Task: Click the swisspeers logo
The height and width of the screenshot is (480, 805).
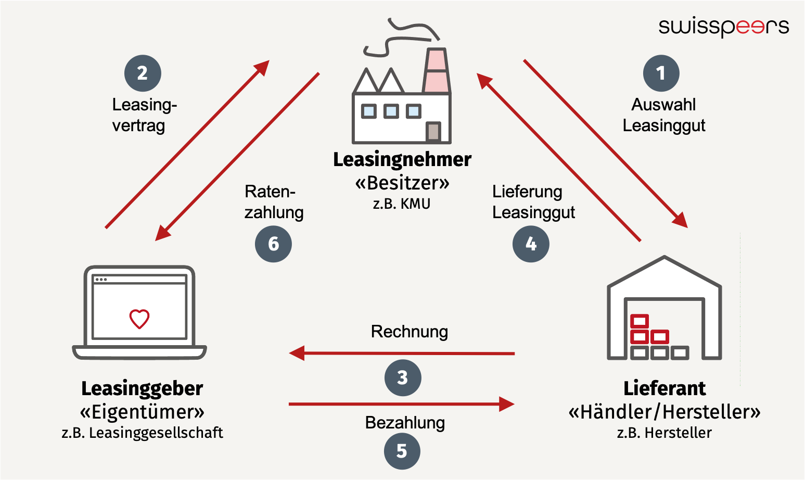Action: [723, 27]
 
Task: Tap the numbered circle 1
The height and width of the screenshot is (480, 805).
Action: [661, 73]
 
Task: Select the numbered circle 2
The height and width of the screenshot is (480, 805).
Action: [143, 73]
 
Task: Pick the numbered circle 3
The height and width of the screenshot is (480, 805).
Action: [403, 377]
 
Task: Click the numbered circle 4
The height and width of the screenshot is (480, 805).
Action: [531, 244]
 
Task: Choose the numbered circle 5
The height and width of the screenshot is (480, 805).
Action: [402, 451]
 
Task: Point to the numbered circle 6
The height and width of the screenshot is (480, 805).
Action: [273, 244]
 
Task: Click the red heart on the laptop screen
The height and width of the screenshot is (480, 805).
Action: [139, 319]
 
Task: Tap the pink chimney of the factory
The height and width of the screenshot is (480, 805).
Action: [436, 70]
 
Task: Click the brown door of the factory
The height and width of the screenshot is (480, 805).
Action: [433, 132]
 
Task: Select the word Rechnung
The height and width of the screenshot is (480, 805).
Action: [409, 332]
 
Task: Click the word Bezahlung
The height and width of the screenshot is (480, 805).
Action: [405, 422]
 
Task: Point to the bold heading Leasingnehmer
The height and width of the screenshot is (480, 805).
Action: [402, 159]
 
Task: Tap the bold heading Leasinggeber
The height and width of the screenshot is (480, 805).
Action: [142, 388]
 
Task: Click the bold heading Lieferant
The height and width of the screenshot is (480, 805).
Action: [664, 388]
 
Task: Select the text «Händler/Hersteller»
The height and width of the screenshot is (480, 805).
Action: [664, 412]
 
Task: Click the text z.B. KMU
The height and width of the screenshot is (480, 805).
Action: [401, 204]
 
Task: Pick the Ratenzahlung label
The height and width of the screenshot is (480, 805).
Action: [274, 202]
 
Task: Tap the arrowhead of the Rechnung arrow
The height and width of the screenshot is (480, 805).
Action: [297, 353]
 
